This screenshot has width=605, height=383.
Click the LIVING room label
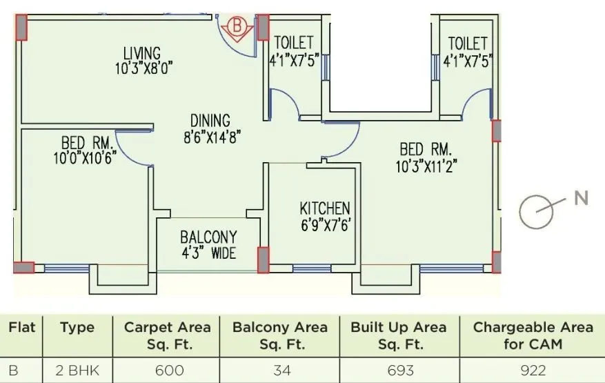tap(142, 52)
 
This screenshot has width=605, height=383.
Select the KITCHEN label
tap(324, 208)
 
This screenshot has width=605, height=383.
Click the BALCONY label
tap(208, 237)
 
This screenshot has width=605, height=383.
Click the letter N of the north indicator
tap(582, 199)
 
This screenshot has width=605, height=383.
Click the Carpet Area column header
tap(167, 335)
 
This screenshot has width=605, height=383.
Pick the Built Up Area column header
tap(398, 335)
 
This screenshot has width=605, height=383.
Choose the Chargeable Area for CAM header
tap(533, 335)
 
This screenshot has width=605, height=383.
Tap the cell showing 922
tap(533, 371)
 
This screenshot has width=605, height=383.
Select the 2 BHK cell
tap(77, 371)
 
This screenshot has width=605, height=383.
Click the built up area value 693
tap(398, 371)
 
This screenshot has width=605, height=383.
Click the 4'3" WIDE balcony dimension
tap(208, 253)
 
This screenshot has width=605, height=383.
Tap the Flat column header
tap(21, 326)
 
